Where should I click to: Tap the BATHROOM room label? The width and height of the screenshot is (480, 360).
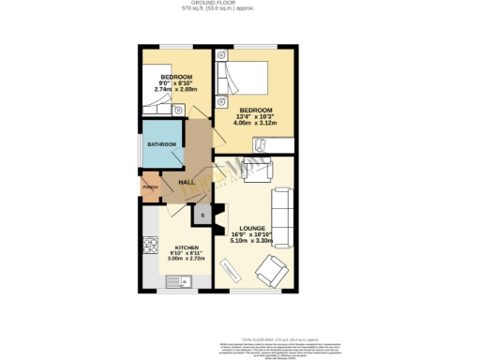click(x=161, y=143)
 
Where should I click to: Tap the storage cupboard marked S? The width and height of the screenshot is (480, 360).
click(x=201, y=216)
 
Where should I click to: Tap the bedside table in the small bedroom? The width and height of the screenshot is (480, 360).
click(x=179, y=110)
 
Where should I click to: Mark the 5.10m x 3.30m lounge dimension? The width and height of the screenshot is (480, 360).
click(x=250, y=241)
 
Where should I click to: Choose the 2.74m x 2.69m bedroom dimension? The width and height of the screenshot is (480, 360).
click(x=175, y=89)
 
